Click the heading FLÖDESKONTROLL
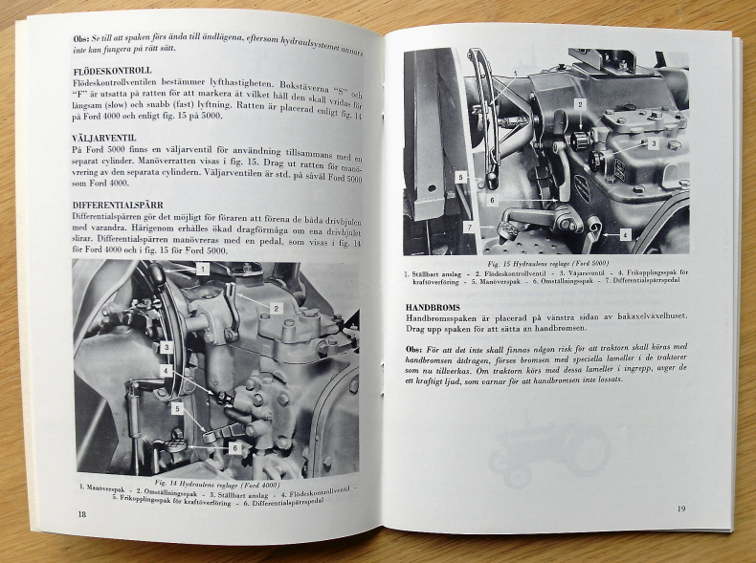[x=112, y=71]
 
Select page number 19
[x=680, y=508]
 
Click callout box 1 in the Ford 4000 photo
[x=203, y=271]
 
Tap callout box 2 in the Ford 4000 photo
[x=275, y=308]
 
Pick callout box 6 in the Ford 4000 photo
[x=233, y=447]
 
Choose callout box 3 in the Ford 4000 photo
[x=166, y=347]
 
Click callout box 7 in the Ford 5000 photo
[x=469, y=227]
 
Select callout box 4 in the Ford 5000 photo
[x=624, y=234]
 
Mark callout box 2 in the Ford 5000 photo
[x=579, y=103]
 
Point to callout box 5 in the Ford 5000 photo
[x=460, y=177]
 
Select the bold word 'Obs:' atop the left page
[x=84, y=38]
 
